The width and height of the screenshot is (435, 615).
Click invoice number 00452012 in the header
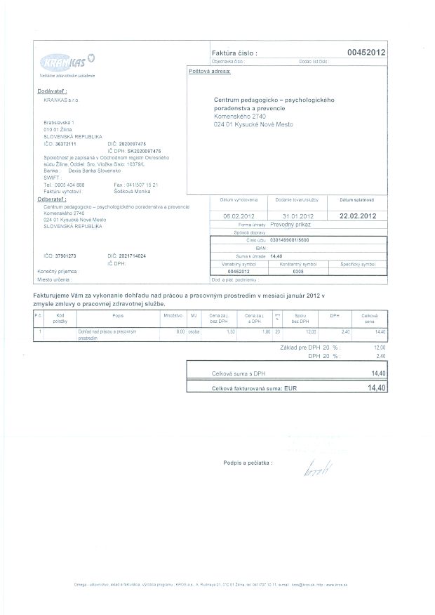coord(366,53)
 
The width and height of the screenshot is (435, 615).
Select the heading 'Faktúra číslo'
coord(234,53)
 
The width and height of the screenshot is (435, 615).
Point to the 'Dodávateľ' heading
coord(52,91)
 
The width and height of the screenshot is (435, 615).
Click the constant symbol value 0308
coord(297,270)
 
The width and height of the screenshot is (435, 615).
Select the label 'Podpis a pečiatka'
coord(247,463)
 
